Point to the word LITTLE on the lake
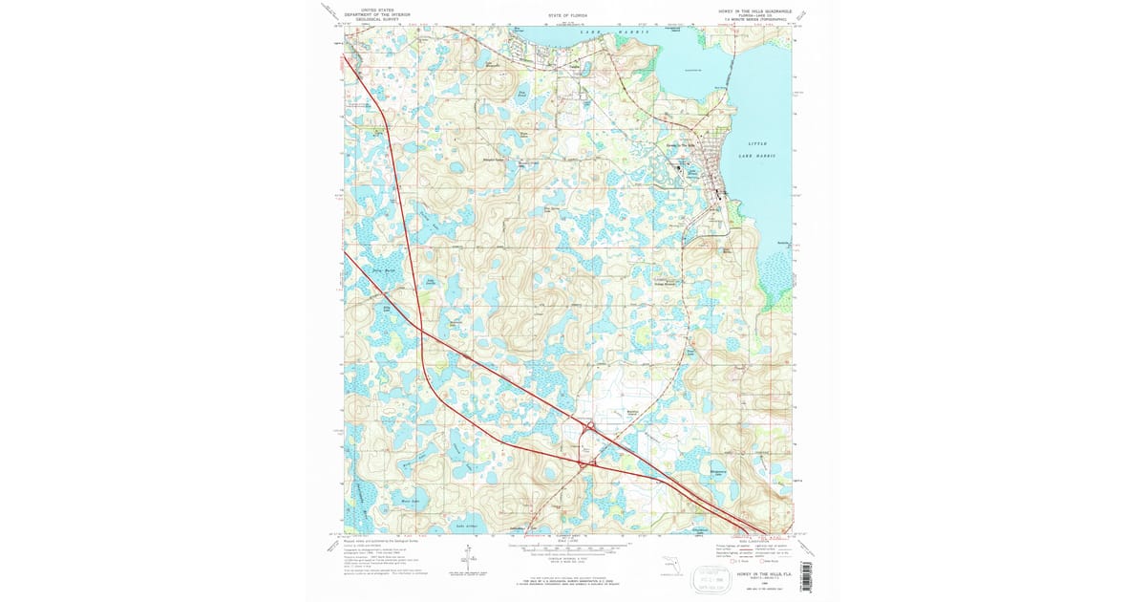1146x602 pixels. point(758,143)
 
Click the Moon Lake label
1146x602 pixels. point(410,500)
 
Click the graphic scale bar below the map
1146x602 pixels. point(569,549)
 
